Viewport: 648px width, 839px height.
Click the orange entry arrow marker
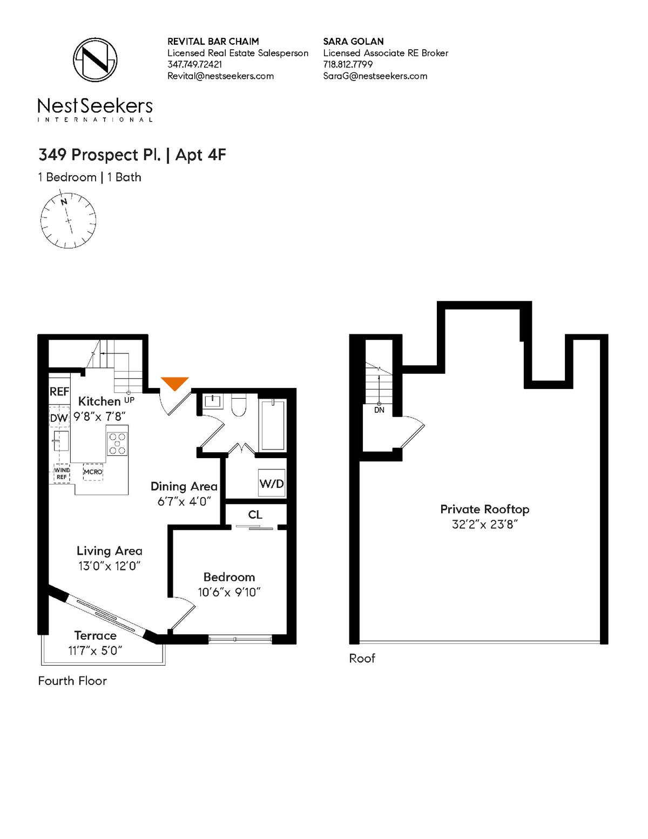pos(175,383)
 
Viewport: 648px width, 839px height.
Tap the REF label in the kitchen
pos(59,392)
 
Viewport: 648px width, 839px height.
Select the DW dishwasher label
pos(59,418)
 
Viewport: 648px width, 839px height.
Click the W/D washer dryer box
pos(272,483)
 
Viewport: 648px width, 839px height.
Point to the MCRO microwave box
pos(93,472)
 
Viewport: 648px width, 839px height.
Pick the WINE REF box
pos(62,473)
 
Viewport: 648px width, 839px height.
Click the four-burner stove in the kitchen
pos(117,444)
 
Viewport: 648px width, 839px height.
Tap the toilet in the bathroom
pos(238,406)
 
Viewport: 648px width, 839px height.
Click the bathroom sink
pos(213,401)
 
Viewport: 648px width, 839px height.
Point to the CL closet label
pos(255,515)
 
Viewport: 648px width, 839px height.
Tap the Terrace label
pos(96,635)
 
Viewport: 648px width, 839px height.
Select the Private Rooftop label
pos(485,509)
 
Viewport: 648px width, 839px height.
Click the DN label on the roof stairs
pos(379,410)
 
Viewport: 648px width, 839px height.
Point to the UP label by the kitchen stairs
pos(129,400)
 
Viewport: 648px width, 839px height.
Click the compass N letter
pos(64,202)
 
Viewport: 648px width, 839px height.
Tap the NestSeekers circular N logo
pos(96,60)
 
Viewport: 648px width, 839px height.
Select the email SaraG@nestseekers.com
pos(375,76)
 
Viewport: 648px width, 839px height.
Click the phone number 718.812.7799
pos(348,64)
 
